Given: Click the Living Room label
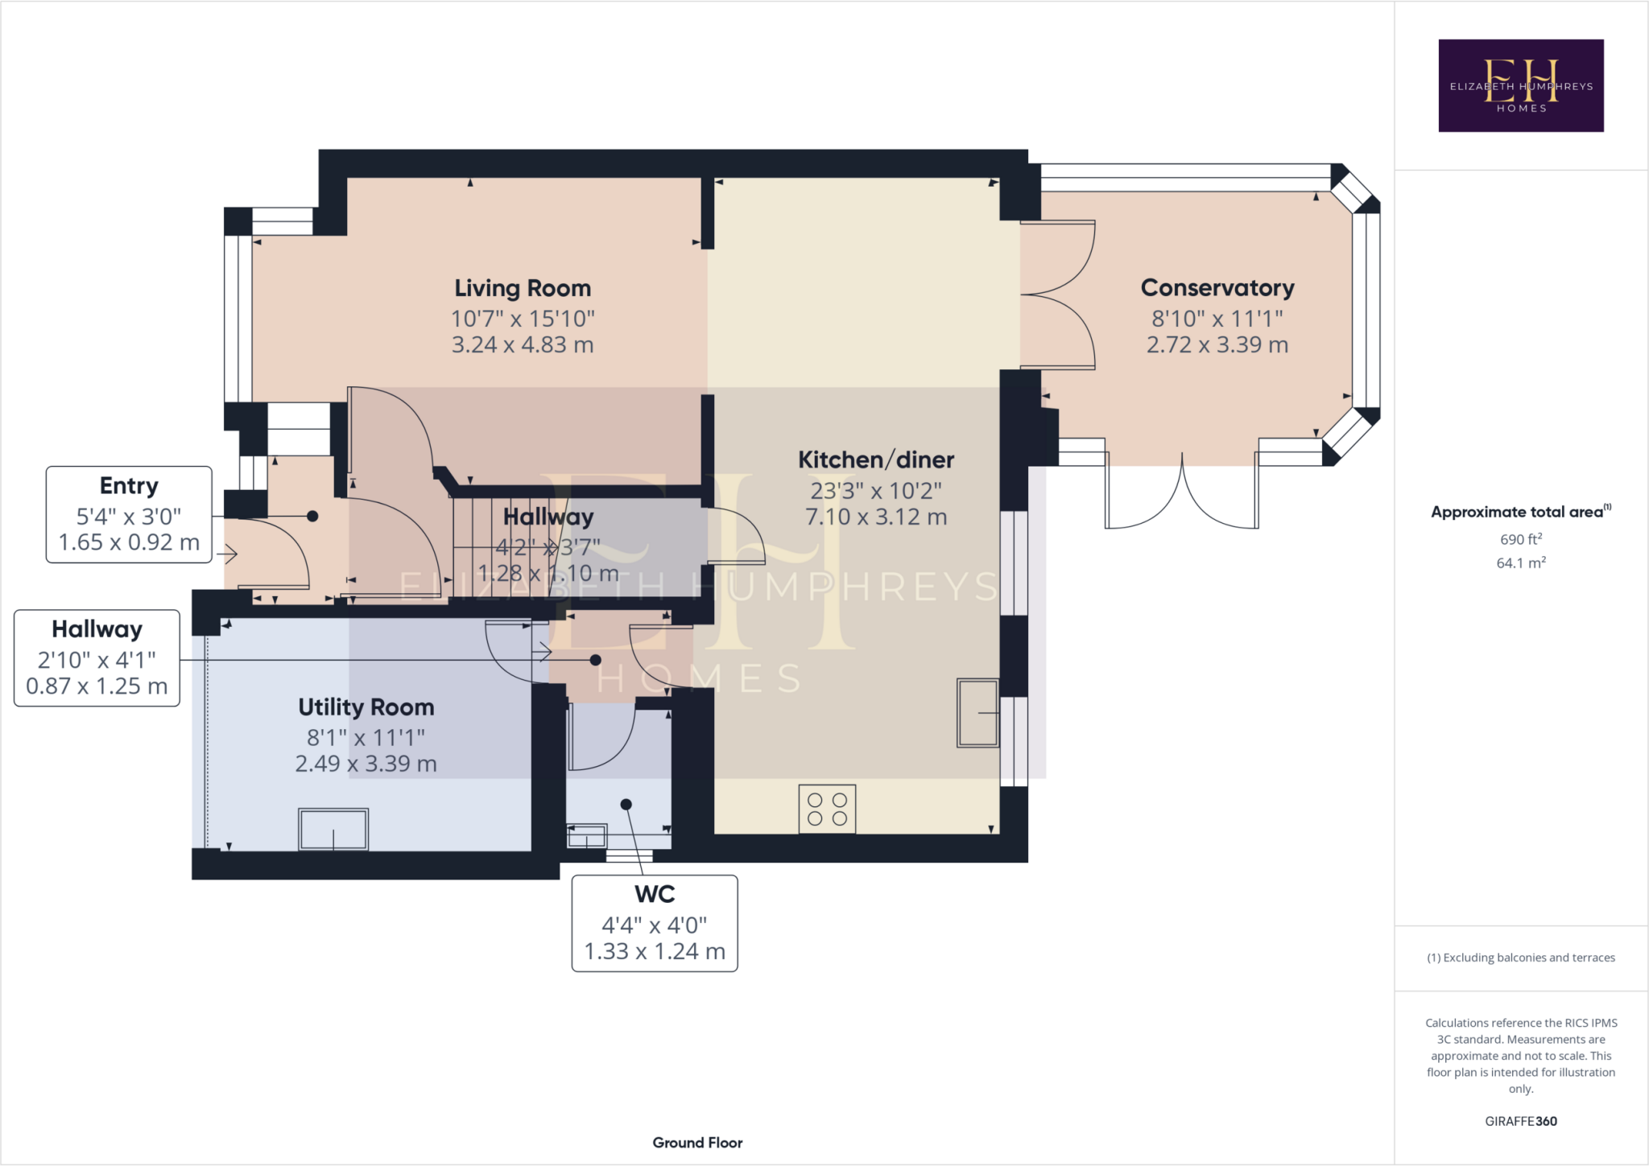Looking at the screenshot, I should (x=523, y=288).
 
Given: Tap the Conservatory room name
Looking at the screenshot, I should (x=1217, y=288).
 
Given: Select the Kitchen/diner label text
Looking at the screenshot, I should (x=876, y=459).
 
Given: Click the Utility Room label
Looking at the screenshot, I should (x=366, y=707).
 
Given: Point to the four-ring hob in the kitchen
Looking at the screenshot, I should (x=827, y=810).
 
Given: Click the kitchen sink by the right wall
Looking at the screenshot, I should (x=977, y=713).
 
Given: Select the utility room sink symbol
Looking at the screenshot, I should (x=333, y=830).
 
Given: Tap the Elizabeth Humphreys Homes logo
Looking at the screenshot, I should (x=1520, y=85).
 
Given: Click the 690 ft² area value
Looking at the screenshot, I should (x=1520, y=539).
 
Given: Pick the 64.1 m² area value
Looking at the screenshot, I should (x=1520, y=563).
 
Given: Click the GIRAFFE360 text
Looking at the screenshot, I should (x=1520, y=1121).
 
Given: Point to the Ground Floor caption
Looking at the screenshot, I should (x=697, y=1143).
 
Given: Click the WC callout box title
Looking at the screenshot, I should (x=655, y=894).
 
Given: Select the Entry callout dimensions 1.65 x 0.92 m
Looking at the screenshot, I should (x=129, y=542).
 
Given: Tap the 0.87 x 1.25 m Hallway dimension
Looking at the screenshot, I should (x=97, y=686).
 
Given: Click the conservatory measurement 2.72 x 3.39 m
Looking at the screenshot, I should (x=1217, y=345).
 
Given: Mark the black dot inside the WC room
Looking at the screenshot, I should (x=626, y=804).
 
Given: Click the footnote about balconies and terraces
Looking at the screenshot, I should (x=1520, y=958).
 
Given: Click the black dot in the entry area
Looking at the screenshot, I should (x=312, y=516).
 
